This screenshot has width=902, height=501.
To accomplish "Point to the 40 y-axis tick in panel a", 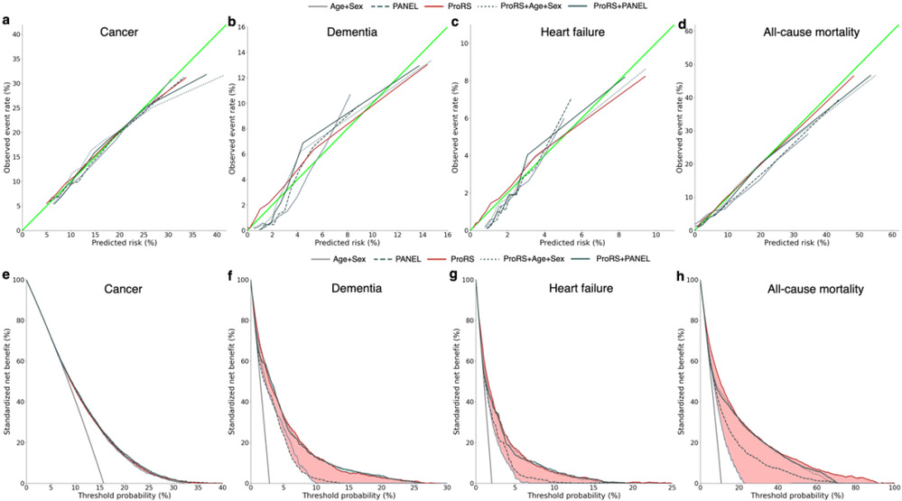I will coord(16,33).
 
